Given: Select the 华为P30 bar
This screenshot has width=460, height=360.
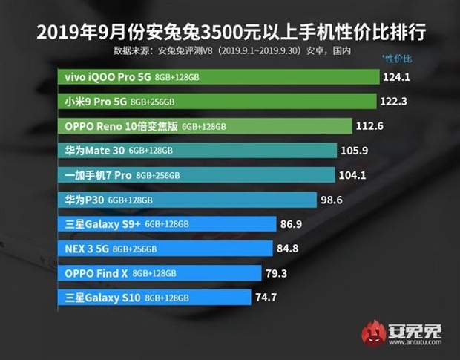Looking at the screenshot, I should (186, 200).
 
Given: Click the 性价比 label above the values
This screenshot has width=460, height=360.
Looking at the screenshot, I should (396, 58).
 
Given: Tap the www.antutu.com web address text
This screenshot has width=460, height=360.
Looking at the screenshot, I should (417, 343).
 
